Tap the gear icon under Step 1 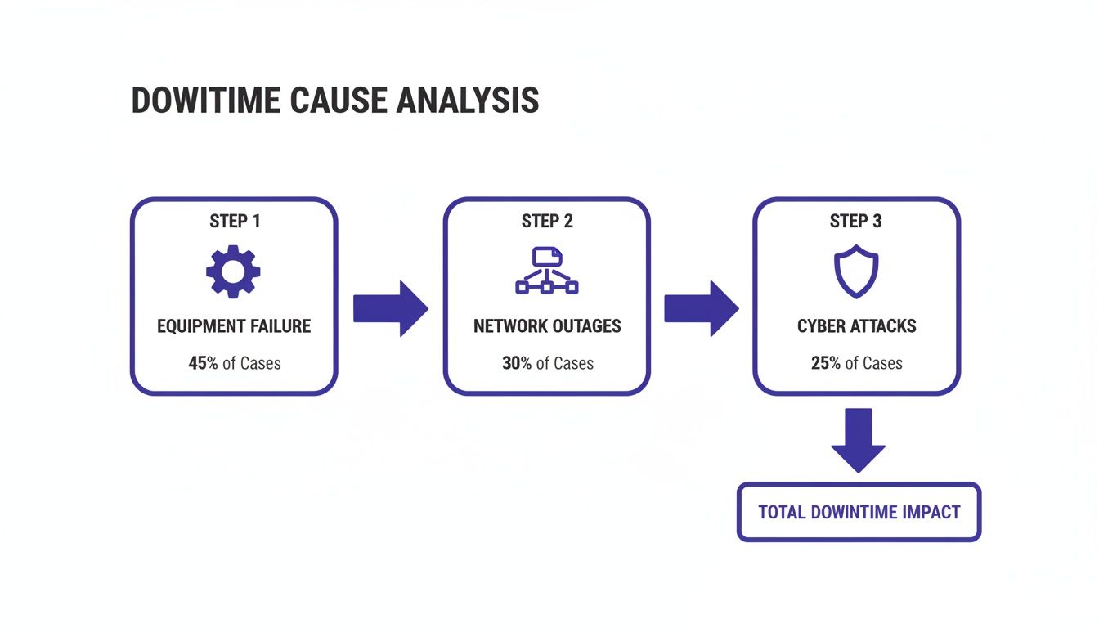point(233,271)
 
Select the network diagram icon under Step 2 point(546,271)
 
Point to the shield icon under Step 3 point(855,271)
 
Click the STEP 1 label point(234,222)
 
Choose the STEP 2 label point(546,222)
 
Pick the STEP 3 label point(855,222)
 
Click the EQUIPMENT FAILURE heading point(234,326)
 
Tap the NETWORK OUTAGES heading point(547,326)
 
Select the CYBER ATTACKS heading point(856,326)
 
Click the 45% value point(203,363)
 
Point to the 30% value point(517,363)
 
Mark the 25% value point(826,363)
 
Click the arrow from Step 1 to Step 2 point(390,308)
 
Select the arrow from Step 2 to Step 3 point(701,308)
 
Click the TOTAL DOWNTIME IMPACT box point(859,512)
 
